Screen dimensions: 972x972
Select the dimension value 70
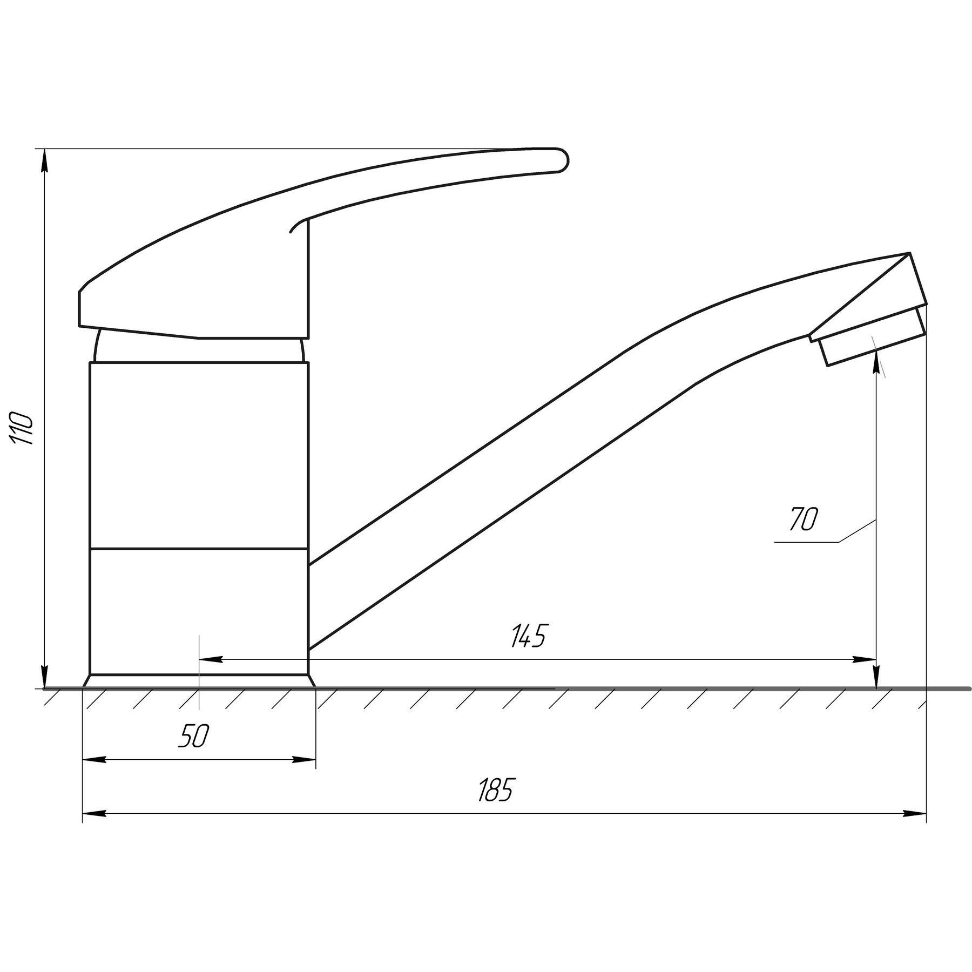[x=804, y=519]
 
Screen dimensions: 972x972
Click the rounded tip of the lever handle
[x=565, y=160]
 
